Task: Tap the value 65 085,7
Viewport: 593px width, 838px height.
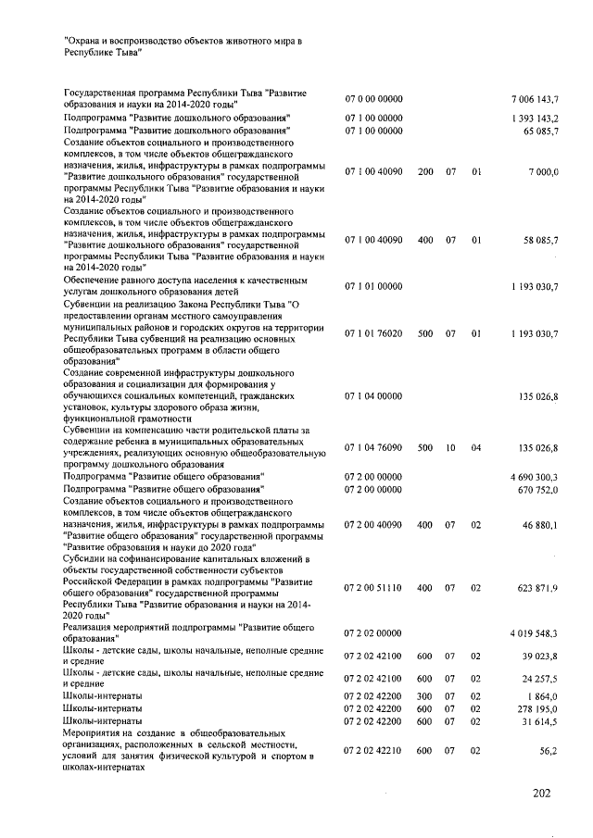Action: click(x=539, y=131)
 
